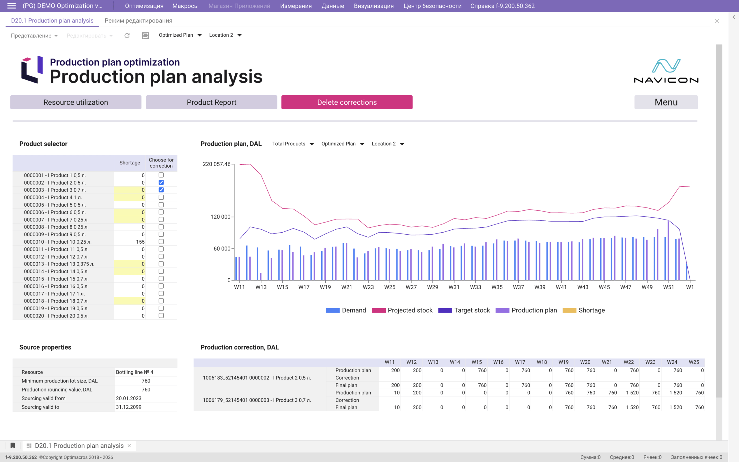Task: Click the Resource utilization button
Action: [76, 102]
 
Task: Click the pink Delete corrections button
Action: [347, 102]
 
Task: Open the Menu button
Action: [666, 102]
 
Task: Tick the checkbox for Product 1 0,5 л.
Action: [161, 175]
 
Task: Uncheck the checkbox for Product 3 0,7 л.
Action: [161, 190]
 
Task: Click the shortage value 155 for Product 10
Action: [140, 242]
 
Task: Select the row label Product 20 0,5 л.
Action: [56, 316]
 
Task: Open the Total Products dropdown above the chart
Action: [293, 144]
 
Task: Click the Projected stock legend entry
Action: [402, 310]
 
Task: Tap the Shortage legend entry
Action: [584, 310]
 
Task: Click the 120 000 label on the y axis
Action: [220, 217]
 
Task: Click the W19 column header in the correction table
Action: [563, 362]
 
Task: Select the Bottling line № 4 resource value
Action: [135, 372]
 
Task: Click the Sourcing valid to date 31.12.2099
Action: [128, 407]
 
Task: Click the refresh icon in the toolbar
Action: [127, 36]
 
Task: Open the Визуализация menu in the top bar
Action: [374, 6]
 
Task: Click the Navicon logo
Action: [666, 71]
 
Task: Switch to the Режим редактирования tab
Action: [138, 21]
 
